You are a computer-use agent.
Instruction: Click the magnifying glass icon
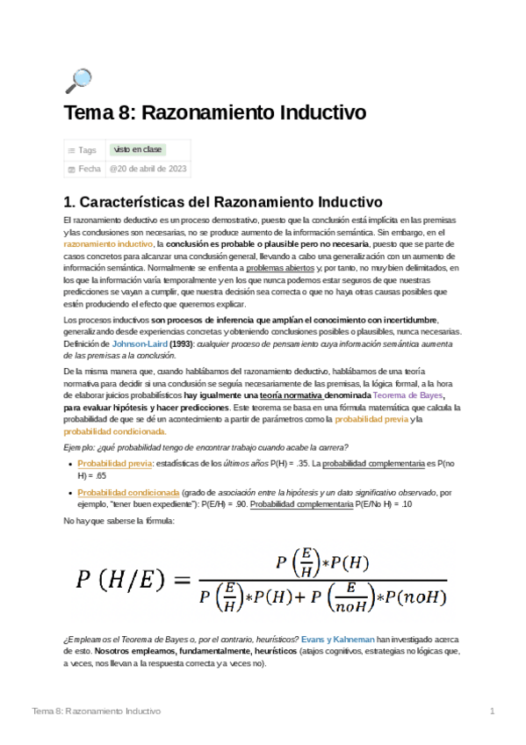78,81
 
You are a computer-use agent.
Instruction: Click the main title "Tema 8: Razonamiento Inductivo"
214,114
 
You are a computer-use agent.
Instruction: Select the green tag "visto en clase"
136,149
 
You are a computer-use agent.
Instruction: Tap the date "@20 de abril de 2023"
148,169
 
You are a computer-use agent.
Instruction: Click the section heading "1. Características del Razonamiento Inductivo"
224,201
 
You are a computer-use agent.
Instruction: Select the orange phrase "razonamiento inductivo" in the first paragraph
109,242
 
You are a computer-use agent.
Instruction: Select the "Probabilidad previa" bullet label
115,462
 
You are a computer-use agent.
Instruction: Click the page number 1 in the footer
493,710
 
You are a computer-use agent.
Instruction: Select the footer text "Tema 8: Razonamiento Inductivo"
96,710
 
